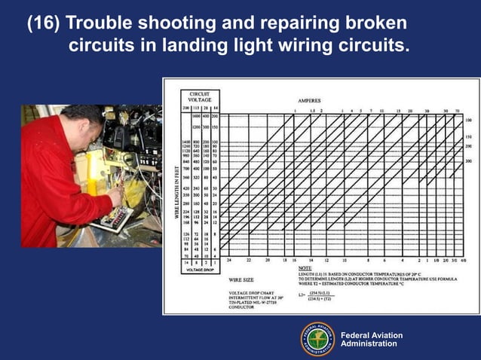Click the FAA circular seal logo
pos(317,340)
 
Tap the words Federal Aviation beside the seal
pos(372,335)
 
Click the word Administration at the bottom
pos(369,344)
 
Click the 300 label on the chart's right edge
pos(468,160)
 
